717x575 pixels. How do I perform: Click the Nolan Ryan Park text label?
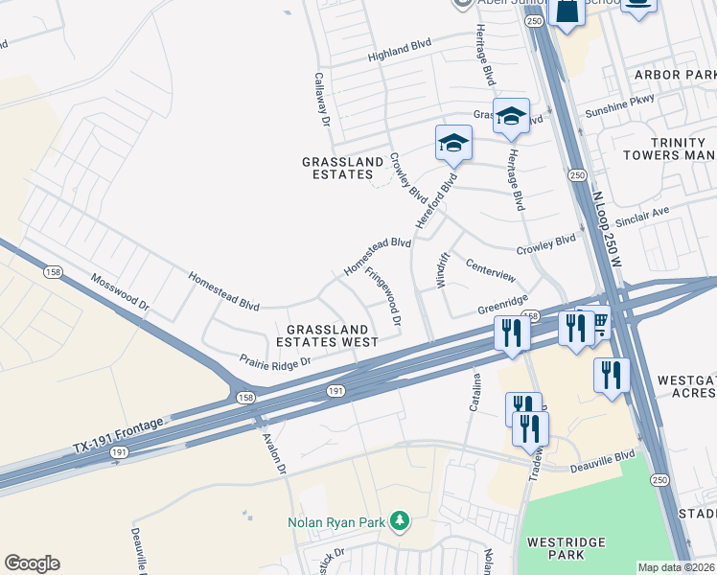335,522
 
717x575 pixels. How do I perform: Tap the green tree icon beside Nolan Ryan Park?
400,522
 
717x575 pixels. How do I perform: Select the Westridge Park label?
566,548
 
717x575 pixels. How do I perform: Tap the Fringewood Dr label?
387,298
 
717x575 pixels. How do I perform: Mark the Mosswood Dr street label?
121,293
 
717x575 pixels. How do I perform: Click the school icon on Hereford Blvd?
453,143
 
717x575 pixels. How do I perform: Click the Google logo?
32,563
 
